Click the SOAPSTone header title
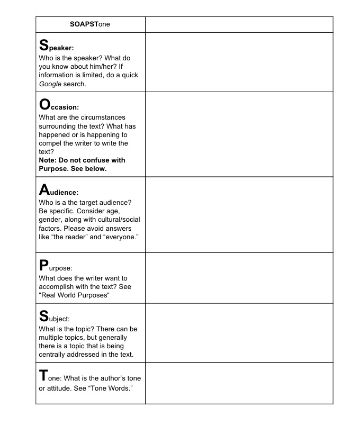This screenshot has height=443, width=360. click(90, 24)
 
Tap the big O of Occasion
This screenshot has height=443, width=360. click(45, 105)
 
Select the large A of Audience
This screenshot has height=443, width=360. click(44, 189)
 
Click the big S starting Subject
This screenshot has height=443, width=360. click(44, 317)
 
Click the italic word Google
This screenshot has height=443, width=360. click(50, 84)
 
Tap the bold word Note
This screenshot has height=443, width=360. click(48, 160)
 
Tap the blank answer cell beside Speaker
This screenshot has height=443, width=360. click(239, 62)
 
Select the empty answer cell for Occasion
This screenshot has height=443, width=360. click(239, 134)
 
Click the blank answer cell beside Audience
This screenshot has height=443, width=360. click(239, 214)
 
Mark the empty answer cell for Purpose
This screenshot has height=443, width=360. click(239, 277)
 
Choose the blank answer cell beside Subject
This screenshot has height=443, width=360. click(239, 332)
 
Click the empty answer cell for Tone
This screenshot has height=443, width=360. click(239, 383)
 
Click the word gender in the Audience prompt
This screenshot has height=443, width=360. click(51, 219)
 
